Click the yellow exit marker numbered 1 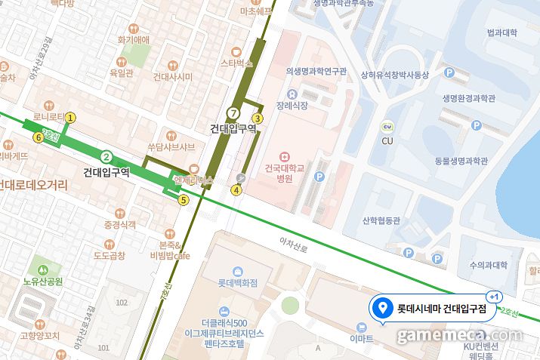click(71, 117)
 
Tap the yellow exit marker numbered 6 click(38, 137)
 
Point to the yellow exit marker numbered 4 click(236, 190)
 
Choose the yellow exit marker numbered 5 click(183, 200)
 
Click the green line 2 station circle click(106, 157)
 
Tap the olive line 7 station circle click(233, 113)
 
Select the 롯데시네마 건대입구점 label click(442, 308)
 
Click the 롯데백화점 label click(238, 283)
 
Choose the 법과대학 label click(501, 32)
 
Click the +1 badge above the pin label click(495, 297)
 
